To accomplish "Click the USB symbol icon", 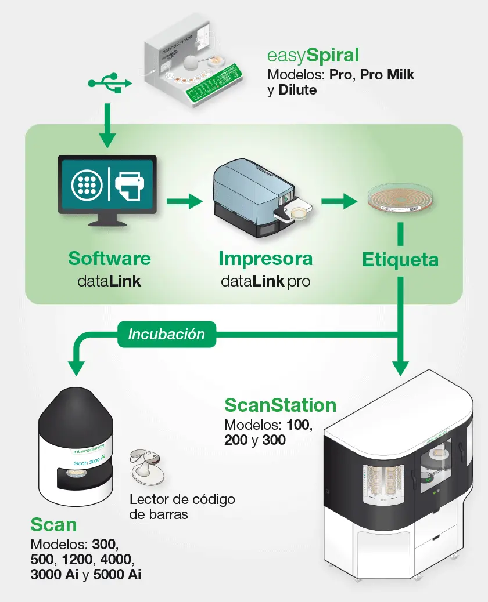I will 110,83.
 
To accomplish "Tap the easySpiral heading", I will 313,55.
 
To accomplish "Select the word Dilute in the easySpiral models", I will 297,90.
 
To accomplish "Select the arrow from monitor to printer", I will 184,202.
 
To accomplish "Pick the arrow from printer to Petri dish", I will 339,202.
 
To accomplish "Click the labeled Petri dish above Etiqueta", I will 401,201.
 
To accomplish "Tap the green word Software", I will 109,258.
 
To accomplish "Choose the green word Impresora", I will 265,258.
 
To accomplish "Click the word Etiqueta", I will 400,260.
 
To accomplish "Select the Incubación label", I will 167,335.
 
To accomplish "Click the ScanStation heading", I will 281,404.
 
